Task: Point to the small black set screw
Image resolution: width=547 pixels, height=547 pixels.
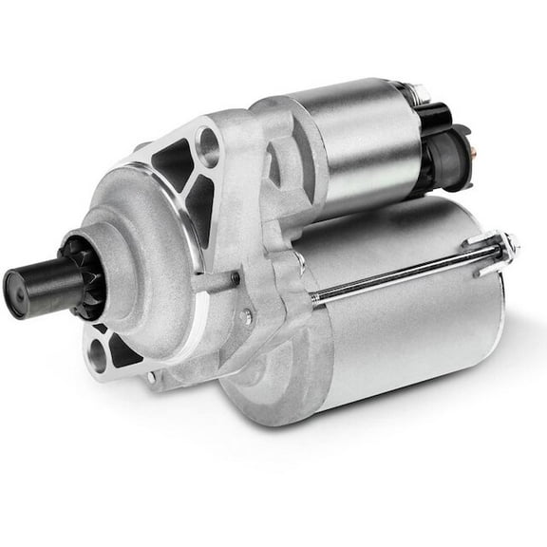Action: (235, 278)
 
